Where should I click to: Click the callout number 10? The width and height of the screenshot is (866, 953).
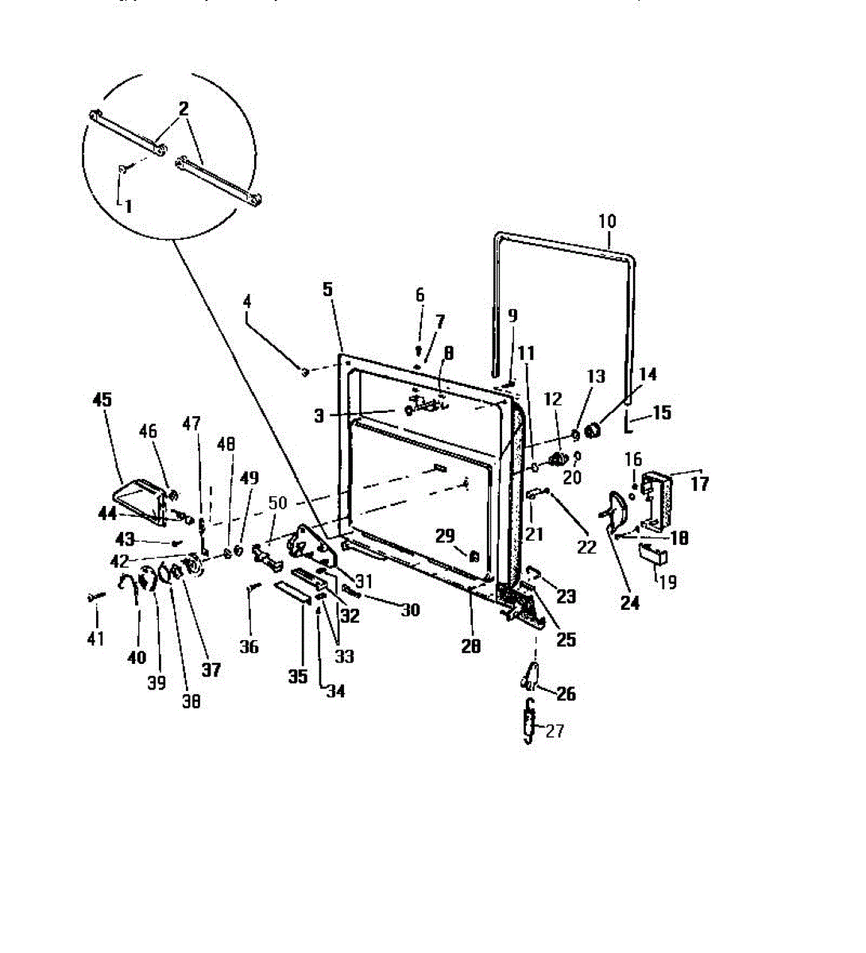607,221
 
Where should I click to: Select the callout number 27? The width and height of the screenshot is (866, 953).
555,731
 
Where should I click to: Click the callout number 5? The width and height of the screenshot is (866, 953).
328,289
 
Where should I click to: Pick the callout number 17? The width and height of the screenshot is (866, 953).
699,483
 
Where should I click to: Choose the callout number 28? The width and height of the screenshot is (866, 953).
471,646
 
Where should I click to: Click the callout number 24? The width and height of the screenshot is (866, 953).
629,603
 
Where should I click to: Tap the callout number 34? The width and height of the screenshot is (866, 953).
336,691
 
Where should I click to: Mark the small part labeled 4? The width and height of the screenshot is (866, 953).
303,371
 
